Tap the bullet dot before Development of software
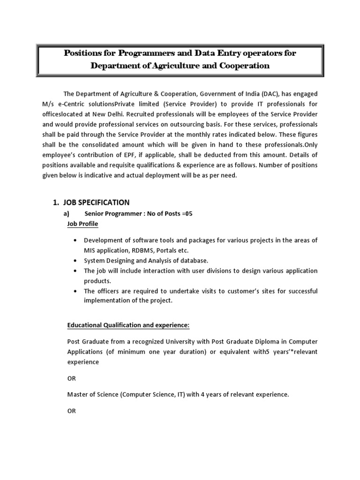(75, 240)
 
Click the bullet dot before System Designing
(75, 261)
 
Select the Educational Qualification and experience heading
(129, 325)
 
